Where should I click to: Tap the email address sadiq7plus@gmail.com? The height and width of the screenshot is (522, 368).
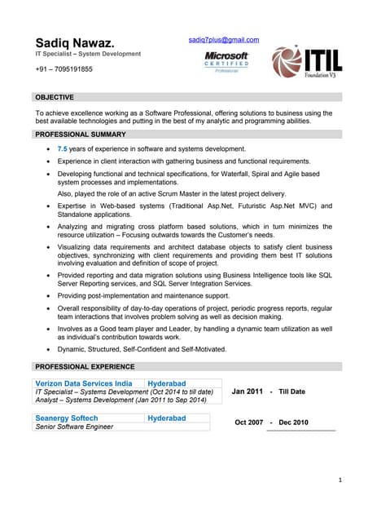[223, 39]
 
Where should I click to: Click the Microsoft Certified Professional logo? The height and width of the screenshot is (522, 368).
[226, 61]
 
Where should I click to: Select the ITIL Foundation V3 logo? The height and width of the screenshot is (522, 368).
[305, 61]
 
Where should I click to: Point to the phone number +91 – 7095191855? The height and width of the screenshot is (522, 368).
[64, 69]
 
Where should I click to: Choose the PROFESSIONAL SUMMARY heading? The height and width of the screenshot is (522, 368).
[80, 134]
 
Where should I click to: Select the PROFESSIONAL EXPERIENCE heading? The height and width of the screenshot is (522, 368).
[85, 366]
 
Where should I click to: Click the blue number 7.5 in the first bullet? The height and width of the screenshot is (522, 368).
[62, 149]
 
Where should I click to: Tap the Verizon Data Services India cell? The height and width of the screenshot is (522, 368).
[84, 383]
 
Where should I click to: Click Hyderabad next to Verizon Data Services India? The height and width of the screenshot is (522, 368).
[167, 383]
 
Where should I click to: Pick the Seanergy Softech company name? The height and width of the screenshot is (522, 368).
[68, 418]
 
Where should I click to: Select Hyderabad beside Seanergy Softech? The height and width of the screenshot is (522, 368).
[167, 418]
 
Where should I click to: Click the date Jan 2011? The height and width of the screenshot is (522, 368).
[248, 391]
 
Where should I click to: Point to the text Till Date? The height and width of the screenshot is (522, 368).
[291, 391]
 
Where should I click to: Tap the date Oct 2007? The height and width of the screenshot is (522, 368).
[248, 422]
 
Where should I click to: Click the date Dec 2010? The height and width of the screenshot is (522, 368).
[293, 422]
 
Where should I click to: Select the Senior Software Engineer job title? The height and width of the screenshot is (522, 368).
[74, 427]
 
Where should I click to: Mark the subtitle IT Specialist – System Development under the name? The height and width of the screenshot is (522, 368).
[87, 54]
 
